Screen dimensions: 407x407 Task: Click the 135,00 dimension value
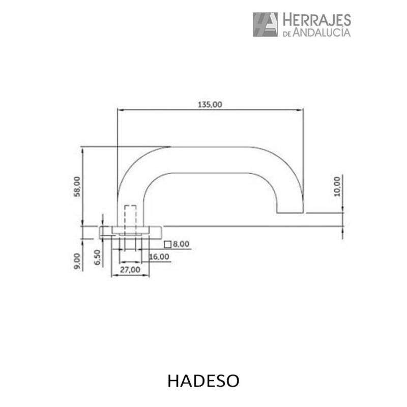pos(210,104)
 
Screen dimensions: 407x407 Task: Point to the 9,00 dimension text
pos(77,261)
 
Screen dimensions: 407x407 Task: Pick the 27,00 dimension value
pos(130,270)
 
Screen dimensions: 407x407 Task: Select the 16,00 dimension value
pos(159,256)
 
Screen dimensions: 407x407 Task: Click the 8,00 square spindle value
pos(181,244)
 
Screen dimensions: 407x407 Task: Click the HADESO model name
pos(203,381)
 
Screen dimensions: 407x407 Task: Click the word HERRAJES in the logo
pos(316,20)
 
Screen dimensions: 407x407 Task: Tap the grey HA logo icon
pos(265,24)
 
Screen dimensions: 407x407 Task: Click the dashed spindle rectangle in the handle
pos(130,216)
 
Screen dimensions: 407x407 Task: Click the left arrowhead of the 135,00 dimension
pos(120,109)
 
